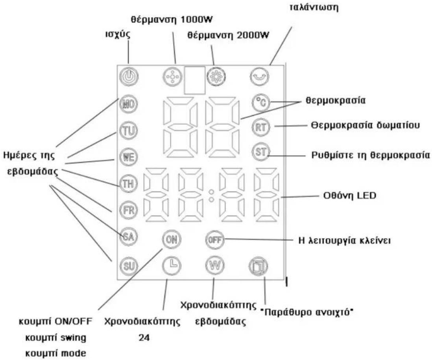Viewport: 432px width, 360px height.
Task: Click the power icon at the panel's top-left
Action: [129, 76]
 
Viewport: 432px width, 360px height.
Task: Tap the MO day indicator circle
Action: [129, 104]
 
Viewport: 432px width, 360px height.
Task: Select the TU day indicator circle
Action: [129, 130]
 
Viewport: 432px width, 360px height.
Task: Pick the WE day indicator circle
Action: [129, 157]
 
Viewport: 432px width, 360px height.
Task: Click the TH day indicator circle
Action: [129, 184]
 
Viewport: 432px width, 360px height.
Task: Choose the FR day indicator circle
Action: [129, 210]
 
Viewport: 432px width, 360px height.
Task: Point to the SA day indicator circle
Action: [129, 237]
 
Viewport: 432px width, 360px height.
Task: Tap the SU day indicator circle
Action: [129, 266]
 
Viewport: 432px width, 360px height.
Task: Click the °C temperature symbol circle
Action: [261, 103]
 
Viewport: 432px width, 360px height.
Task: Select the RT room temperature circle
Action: [261, 127]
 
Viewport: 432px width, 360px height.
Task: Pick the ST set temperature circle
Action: [261, 152]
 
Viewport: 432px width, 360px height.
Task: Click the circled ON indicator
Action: [172, 239]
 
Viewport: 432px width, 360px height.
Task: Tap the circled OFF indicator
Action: [215, 240]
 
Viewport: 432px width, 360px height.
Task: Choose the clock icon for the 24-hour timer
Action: [172, 265]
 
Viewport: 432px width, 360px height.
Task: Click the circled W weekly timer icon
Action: [215, 265]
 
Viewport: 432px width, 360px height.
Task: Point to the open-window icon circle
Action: [258, 266]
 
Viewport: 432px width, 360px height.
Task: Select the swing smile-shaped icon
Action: [260, 76]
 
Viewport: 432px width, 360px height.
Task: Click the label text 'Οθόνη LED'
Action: [350, 196]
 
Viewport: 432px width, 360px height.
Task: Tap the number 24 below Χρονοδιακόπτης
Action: [144, 338]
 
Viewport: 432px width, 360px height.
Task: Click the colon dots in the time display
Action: [211, 195]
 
